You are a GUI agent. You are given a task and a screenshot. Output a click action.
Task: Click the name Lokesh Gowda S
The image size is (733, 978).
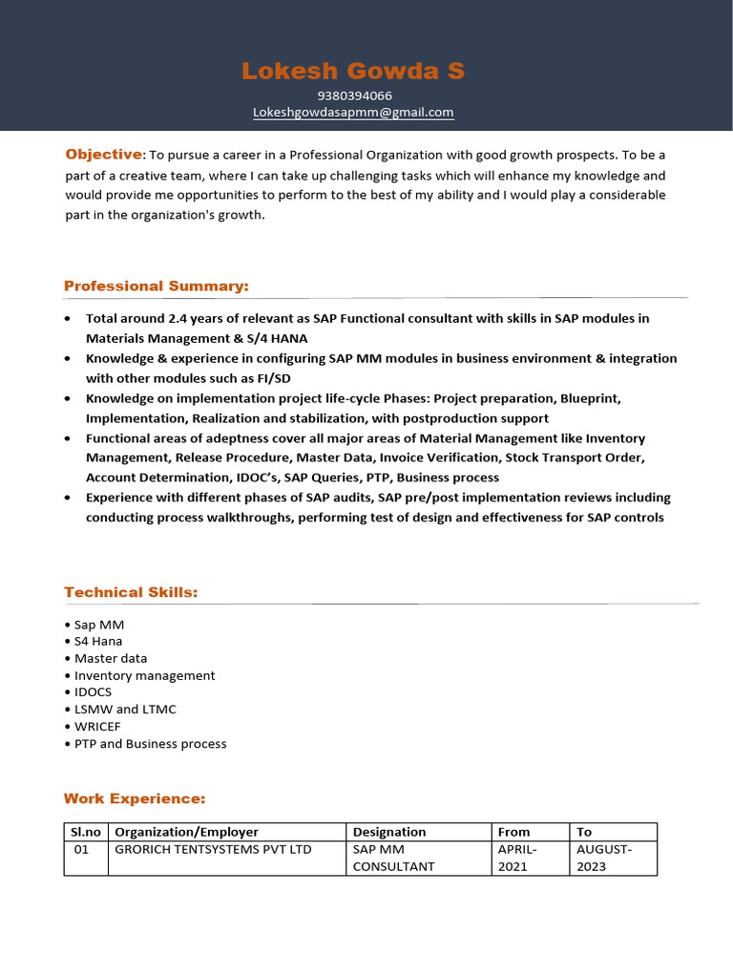coord(353,71)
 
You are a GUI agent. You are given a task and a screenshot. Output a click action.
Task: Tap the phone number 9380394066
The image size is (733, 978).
coord(354,96)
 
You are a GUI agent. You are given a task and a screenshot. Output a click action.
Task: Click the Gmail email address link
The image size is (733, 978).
coord(353,113)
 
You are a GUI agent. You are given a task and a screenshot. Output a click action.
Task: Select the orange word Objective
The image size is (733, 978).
coord(103,155)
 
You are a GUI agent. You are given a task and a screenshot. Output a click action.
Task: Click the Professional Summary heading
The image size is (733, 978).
coord(156,287)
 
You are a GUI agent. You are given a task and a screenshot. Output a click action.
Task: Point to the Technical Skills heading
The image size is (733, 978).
coord(131,593)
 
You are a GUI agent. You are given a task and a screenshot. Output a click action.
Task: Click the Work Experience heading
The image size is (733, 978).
coord(135,798)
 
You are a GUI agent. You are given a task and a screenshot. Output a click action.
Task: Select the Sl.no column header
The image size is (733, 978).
coord(86,832)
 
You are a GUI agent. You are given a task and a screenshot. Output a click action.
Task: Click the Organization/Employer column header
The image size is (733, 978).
coord(186,832)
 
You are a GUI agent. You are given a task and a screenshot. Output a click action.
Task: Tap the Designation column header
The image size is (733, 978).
coord(389,832)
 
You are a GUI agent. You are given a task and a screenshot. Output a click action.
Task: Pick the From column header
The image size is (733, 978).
coord(513,832)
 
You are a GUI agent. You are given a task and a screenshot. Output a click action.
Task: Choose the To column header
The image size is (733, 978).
coord(584,832)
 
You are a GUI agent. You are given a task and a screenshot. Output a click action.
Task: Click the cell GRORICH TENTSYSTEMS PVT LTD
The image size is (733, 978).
coord(213,849)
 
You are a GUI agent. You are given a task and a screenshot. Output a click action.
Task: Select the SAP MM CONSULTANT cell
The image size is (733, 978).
coord(393,858)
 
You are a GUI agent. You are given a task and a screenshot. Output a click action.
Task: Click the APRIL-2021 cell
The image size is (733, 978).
coord(518,858)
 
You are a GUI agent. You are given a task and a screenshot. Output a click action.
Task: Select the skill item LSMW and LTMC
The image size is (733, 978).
coord(125,710)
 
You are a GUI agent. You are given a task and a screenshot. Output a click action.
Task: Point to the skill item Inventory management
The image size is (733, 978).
coord(144,675)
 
